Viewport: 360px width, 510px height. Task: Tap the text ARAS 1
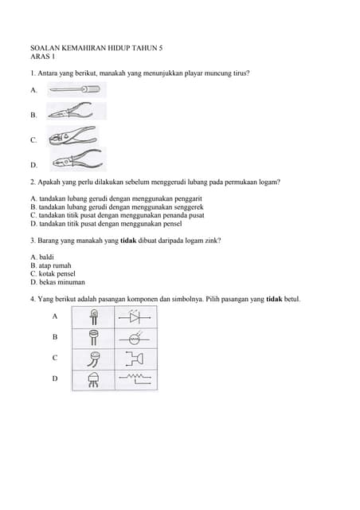click(x=42, y=57)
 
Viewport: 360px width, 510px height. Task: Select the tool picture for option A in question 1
click(x=76, y=90)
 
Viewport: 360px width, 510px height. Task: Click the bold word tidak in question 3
click(x=128, y=240)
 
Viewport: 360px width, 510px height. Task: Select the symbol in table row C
click(x=135, y=358)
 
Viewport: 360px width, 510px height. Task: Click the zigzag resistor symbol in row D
click(x=135, y=378)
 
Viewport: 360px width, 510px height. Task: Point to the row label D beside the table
click(x=55, y=379)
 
